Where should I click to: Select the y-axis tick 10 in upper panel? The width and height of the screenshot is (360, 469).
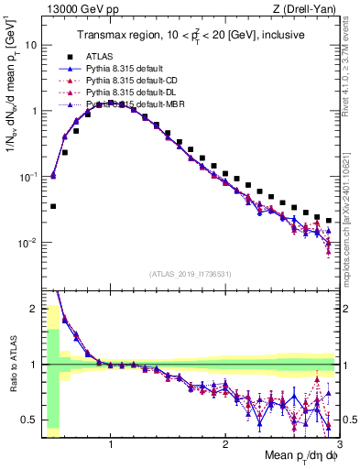pyautogui.click(x=31, y=44)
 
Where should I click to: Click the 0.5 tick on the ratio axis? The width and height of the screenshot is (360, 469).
pyautogui.click(x=29, y=420)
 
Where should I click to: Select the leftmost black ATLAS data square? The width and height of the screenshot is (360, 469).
pyautogui.click(x=53, y=206)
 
